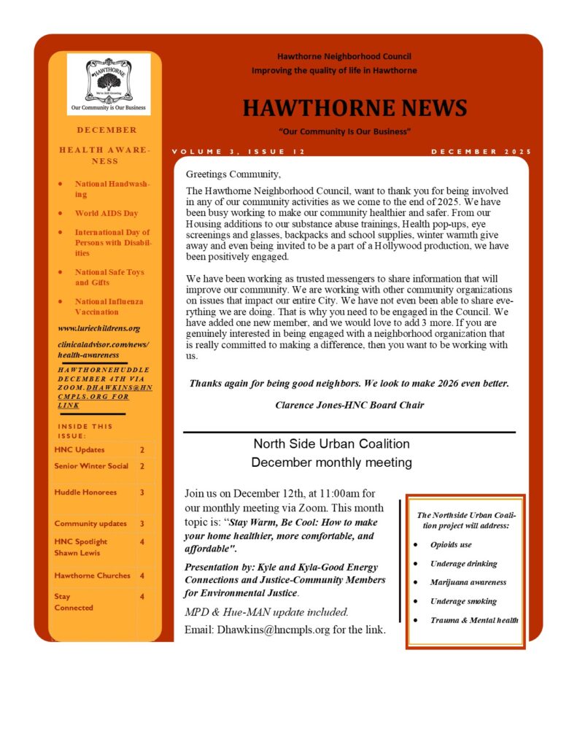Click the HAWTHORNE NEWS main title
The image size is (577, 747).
point(355,108)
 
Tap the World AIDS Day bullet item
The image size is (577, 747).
point(106,214)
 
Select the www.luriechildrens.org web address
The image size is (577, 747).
point(98,328)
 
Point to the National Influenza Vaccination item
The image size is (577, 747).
point(109,306)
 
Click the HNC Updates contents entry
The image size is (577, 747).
point(80,450)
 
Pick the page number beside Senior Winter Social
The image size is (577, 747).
point(142,466)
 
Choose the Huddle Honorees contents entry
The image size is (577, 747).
point(85,492)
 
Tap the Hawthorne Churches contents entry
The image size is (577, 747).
point(92,576)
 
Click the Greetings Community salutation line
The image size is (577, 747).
point(233,174)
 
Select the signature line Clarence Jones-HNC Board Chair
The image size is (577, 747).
point(349,405)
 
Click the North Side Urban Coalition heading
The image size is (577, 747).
point(331,444)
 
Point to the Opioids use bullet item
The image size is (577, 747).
point(451,545)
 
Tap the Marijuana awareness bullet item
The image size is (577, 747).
point(468,582)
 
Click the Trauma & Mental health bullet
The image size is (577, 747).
point(474,620)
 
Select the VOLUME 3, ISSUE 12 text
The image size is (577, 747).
point(238,152)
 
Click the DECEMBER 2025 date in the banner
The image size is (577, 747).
point(481,152)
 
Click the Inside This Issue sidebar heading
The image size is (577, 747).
point(85,430)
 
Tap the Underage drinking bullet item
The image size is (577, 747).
point(463,563)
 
